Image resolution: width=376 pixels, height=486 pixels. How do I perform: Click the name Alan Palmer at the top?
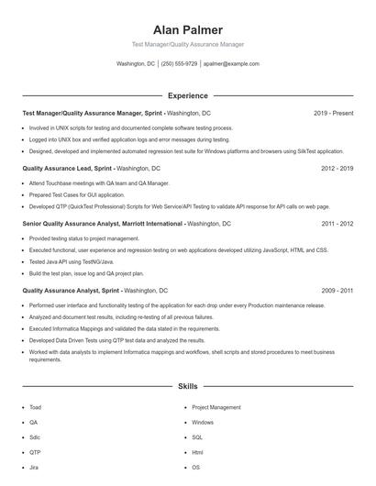click(187, 29)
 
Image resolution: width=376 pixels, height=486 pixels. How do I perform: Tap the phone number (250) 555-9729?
click(180, 64)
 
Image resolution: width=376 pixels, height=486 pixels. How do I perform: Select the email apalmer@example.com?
click(231, 64)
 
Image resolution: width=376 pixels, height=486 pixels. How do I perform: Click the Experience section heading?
click(187, 95)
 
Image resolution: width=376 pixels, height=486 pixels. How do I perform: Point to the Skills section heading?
click(187, 387)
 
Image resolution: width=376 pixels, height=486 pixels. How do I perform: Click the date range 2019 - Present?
click(333, 113)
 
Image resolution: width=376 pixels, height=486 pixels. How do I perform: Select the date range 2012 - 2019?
click(337, 169)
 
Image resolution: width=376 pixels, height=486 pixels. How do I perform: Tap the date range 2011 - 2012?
click(337, 223)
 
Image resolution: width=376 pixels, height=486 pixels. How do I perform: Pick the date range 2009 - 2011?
click(337, 290)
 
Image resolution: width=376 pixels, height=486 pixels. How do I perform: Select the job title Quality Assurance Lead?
click(61, 169)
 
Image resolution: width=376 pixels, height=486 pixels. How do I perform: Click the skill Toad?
click(35, 407)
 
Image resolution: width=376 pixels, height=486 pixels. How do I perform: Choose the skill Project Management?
click(216, 407)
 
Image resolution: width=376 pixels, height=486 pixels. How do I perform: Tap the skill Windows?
click(203, 423)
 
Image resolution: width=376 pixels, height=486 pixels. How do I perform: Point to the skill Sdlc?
click(35, 437)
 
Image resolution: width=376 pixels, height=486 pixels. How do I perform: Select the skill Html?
click(197, 452)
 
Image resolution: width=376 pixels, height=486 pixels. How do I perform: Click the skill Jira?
click(34, 468)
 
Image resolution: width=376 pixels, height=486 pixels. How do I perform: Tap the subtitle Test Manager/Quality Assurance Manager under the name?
click(187, 44)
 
